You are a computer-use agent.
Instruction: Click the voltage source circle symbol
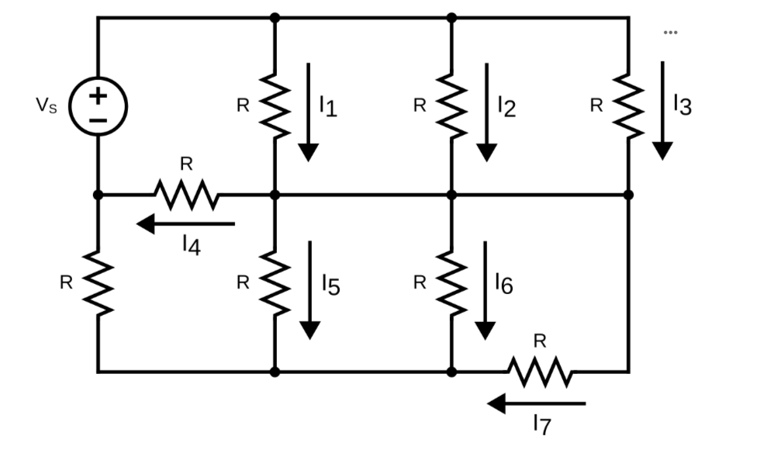click(x=98, y=106)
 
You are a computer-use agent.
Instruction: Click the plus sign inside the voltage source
click(x=98, y=95)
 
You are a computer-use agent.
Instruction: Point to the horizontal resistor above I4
click(x=186, y=194)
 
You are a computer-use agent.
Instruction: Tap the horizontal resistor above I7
click(x=541, y=372)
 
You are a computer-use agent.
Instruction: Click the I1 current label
click(x=328, y=106)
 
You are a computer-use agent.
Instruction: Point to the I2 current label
click(x=506, y=106)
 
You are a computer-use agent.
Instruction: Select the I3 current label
click(x=682, y=105)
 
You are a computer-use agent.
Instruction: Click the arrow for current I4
click(x=185, y=224)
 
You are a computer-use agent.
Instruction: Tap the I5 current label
click(x=330, y=286)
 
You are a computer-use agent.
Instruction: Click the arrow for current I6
click(x=485, y=290)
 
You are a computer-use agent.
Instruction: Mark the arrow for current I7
click(x=536, y=403)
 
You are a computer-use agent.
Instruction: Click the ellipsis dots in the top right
click(x=670, y=33)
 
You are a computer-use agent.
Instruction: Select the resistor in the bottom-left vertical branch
click(x=98, y=283)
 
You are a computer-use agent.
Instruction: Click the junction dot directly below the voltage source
click(x=98, y=194)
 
